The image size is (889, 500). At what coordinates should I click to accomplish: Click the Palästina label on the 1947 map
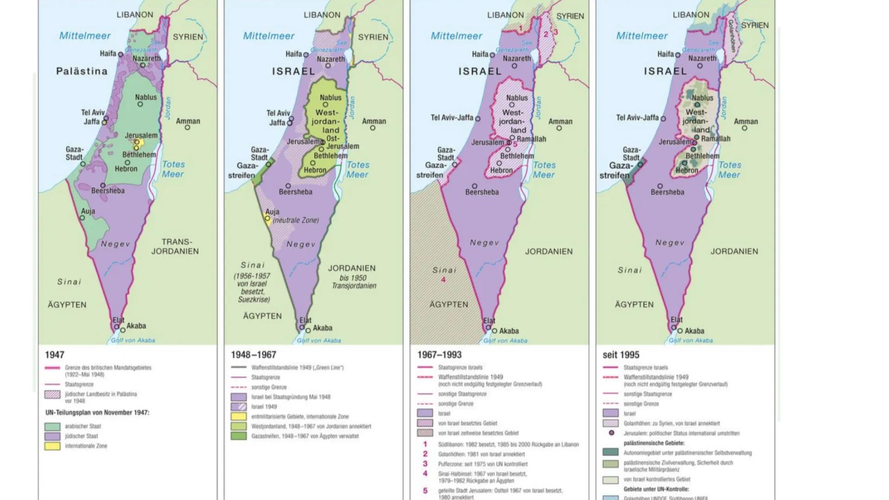click(81, 71)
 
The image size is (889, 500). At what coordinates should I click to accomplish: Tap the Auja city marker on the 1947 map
click(82, 218)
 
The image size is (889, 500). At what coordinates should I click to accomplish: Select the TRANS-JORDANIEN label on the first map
click(175, 247)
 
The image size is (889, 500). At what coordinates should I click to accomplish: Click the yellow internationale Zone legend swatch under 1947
click(52, 446)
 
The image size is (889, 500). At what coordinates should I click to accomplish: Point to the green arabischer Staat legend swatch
click(52, 426)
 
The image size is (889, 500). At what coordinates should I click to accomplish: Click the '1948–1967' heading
click(253, 355)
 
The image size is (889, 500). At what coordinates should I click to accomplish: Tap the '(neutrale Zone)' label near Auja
click(295, 220)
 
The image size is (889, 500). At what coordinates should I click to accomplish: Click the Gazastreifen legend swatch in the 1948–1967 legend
click(238, 436)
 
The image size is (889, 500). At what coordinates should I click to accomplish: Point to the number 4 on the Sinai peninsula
click(443, 280)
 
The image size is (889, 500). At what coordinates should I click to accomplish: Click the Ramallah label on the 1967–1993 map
click(532, 139)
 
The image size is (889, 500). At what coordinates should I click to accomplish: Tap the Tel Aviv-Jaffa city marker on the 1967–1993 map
click(478, 119)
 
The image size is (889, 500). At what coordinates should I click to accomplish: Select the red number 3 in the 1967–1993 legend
click(425, 464)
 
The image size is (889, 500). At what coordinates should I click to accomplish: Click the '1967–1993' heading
click(439, 355)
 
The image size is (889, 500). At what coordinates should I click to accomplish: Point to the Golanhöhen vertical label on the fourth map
click(731, 36)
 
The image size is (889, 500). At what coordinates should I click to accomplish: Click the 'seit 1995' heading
click(620, 355)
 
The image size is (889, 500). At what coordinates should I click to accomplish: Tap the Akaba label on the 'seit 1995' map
click(694, 331)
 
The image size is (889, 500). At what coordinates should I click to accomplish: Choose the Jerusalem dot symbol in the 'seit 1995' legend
click(612, 433)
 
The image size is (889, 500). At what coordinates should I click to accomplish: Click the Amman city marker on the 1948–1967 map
click(373, 128)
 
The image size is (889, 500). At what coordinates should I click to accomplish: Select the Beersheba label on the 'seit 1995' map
click(667, 192)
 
